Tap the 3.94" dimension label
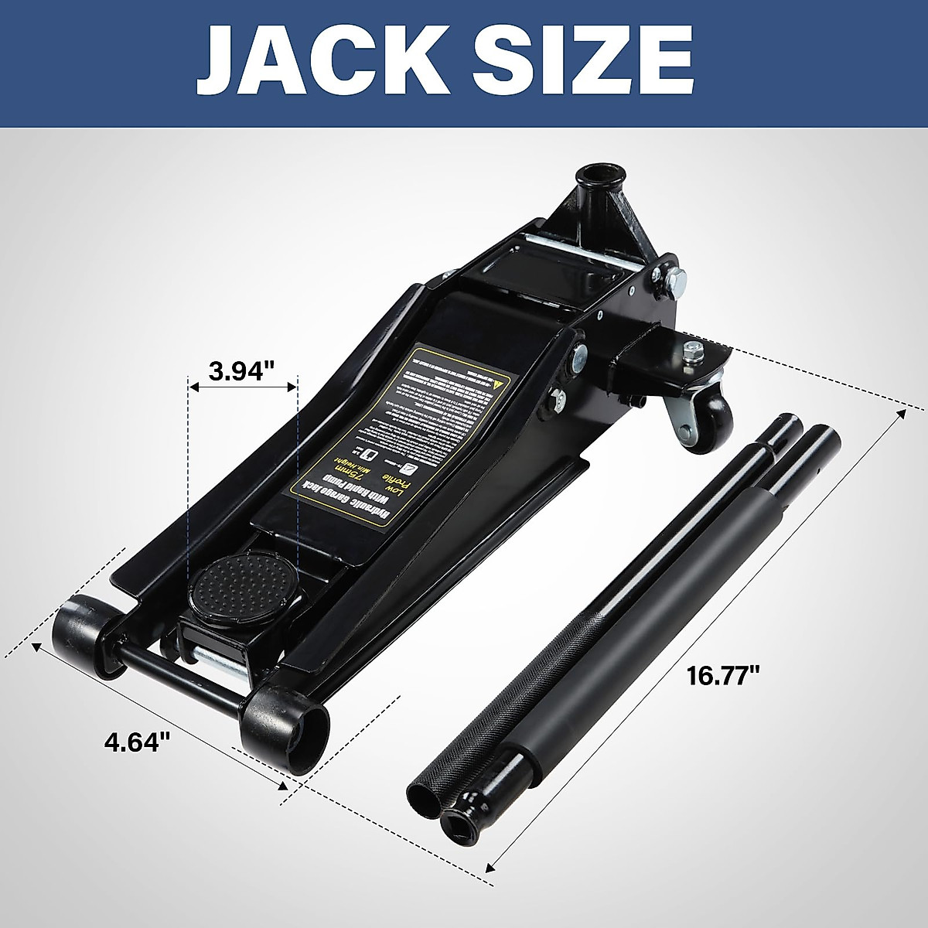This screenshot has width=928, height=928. click(242, 370)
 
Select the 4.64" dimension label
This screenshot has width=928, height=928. click(137, 742)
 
